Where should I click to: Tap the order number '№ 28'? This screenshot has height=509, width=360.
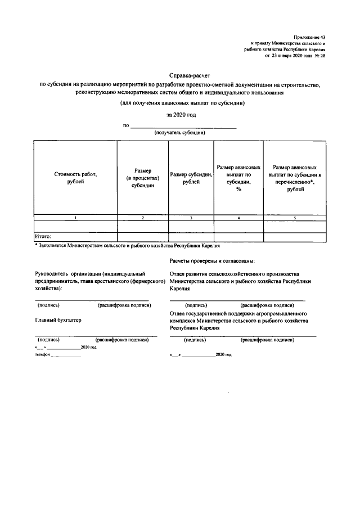[x=319, y=56]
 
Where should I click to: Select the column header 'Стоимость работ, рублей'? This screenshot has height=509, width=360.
[x=75, y=178]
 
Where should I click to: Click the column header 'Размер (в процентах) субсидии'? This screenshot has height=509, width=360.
[x=143, y=178]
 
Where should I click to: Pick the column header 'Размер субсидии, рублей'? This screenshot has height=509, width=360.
[x=191, y=178]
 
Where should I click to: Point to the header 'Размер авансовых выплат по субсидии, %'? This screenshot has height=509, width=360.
[x=238, y=178]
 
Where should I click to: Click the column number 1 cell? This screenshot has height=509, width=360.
[x=75, y=217]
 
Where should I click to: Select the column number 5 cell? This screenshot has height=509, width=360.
[x=294, y=217]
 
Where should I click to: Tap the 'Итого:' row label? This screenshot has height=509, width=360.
[x=43, y=237]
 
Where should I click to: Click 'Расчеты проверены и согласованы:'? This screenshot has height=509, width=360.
[x=211, y=261]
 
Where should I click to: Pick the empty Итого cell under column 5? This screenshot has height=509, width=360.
[x=294, y=237]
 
